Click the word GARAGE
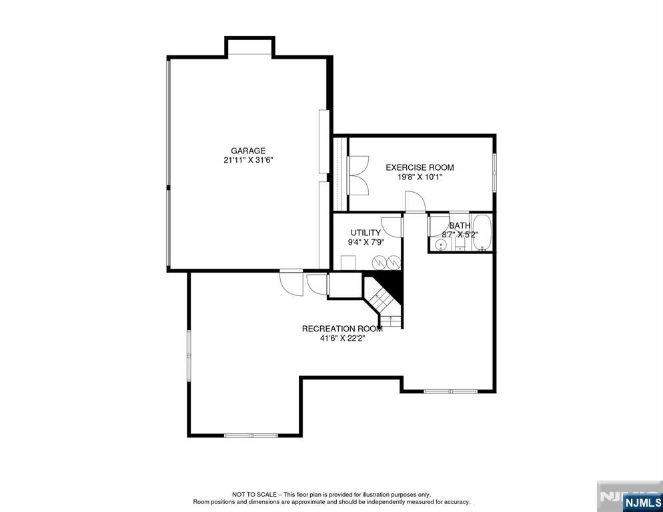[x=248, y=151]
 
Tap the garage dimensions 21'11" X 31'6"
[x=248, y=161]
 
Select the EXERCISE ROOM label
[x=420, y=167]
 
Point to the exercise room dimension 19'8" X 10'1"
[x=420, y=177]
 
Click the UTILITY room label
[x=366, y=233]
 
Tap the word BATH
[x=460, y=225]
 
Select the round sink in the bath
[x=440, y=245]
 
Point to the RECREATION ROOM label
[x=342, y=328]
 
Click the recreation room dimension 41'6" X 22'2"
[x=342, y=338]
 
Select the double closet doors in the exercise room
[x=358, y=175]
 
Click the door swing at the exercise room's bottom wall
[x=414, y=201]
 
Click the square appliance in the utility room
[x=348, y=262]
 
